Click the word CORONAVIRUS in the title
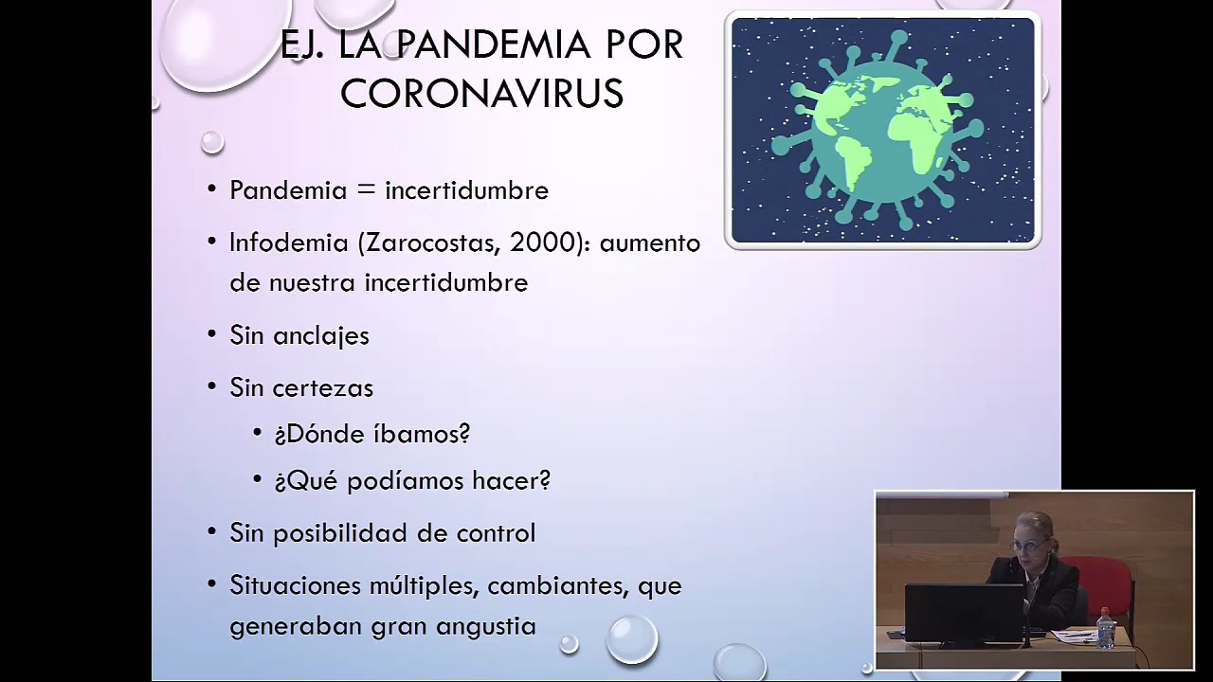pos(482,93)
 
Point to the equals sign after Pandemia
pos(366,189)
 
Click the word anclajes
pos(321,335)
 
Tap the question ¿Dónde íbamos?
pos(372,434)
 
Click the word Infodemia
pos(289,242)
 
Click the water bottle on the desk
pos(1105,628)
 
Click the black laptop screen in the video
pos(964,613)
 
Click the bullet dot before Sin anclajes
pos(211,334)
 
